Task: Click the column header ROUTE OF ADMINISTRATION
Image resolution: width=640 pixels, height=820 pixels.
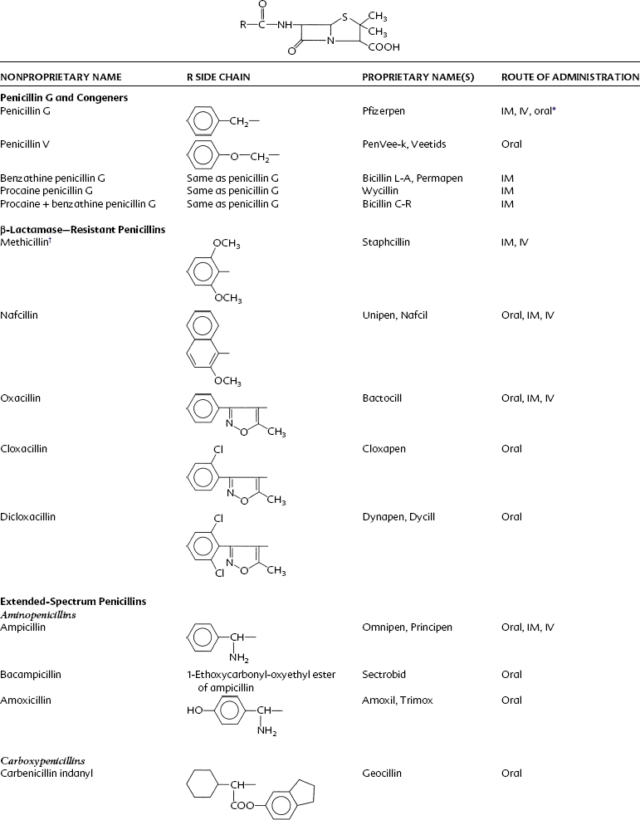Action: tap(569, 77)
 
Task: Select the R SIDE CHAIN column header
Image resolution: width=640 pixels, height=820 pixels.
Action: tap(218, 77)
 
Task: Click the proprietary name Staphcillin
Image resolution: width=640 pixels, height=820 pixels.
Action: tap(386, 242)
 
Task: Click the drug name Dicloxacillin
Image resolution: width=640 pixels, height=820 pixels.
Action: tap(29, 516)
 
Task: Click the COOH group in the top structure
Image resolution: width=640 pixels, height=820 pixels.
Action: tap(385, 47)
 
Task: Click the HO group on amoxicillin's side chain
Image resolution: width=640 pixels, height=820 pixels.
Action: tap(193, 710)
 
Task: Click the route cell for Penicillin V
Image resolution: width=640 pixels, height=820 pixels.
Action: tap(511, 144)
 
